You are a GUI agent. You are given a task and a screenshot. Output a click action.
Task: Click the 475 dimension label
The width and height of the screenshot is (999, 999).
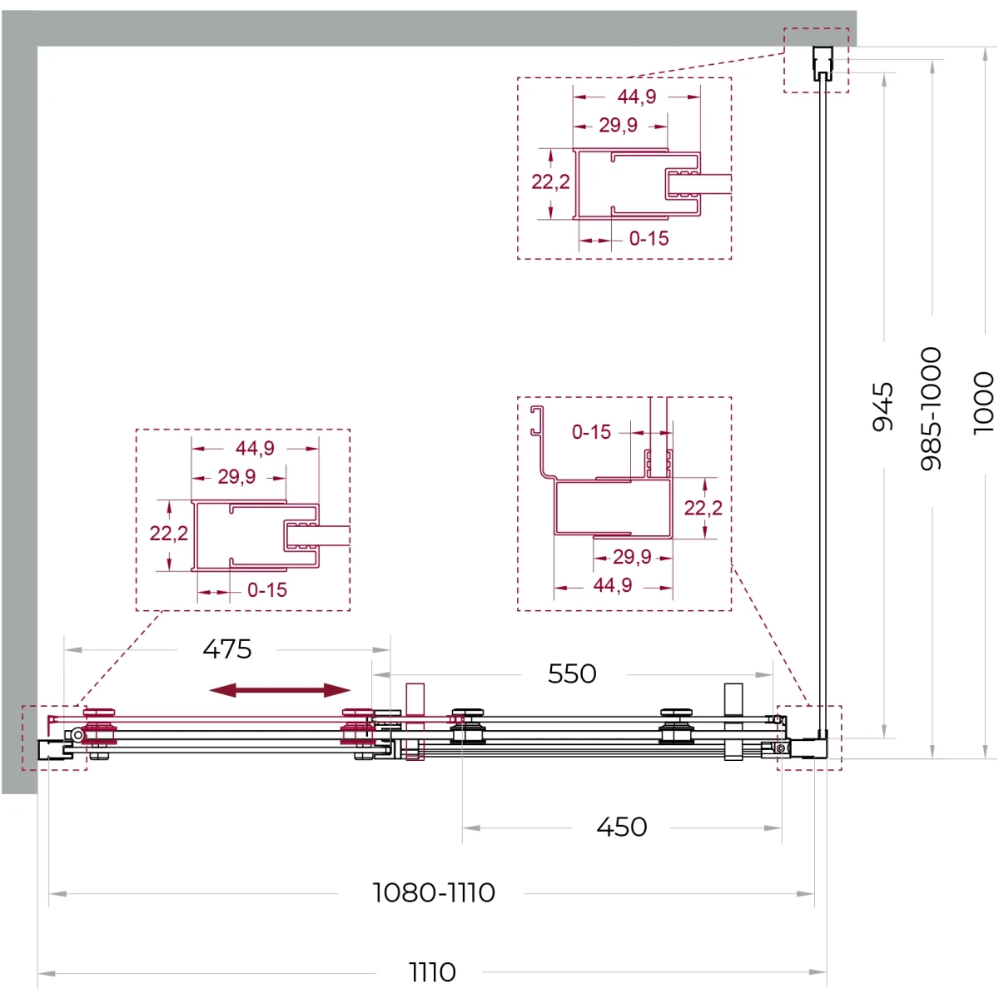[x=227, y=649]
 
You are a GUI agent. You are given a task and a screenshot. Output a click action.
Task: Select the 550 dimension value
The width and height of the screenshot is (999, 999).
[x=572, y=674]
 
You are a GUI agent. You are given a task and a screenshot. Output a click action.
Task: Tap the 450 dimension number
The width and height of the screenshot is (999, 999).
[x=621, y=827]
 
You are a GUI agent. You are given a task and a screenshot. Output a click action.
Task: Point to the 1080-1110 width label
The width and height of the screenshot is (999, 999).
[x=434, y=892]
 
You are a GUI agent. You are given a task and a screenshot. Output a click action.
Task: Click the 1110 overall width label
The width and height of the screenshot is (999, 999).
[x=432, y=972]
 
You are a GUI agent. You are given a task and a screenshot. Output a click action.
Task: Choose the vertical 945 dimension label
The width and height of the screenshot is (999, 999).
[x=883, y=406]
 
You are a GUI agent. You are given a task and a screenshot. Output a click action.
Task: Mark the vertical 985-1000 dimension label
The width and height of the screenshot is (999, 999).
[x=931, y=409]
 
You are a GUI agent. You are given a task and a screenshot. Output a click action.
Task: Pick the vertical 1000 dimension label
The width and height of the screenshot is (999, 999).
[x=983, y=403]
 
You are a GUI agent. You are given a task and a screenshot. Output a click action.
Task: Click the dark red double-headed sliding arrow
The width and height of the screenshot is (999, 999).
[x=280, y=690]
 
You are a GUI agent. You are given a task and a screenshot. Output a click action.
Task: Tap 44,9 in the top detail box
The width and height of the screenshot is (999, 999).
[x=637, y=97]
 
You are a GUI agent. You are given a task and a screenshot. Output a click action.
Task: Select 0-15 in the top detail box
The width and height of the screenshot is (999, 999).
[x=649, y=238]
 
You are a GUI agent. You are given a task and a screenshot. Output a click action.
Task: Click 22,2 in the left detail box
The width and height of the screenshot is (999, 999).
[x=168, y=533]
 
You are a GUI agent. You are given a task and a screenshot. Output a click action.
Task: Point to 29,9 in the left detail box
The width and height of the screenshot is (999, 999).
[x=236, y=476]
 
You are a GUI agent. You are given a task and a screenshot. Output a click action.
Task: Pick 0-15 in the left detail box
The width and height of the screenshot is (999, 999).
[x=267, y=590]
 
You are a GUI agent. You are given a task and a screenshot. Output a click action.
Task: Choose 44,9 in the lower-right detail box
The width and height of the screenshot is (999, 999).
[x=612, y=585]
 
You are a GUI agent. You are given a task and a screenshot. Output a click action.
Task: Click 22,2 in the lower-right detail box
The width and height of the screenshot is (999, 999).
[x=703, y=508]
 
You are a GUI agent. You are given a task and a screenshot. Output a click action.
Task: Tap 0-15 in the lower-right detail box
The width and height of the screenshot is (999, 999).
[x=591, y=432]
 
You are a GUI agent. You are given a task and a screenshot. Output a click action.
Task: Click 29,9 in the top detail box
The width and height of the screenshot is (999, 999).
[x=618, y=125]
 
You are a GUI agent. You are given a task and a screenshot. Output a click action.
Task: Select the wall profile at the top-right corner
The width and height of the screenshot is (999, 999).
[x=823, y=63]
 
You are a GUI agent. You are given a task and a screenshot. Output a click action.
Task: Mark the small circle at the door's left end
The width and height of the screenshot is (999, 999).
[x=77, y=734]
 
